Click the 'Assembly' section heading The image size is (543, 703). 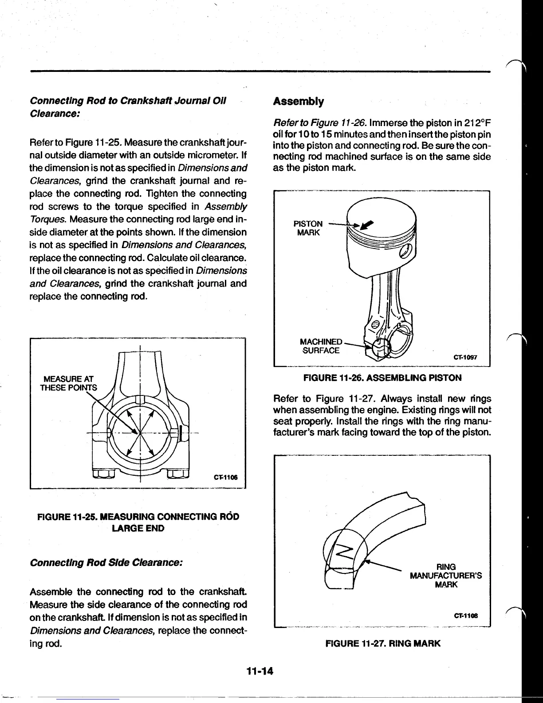[298, 102]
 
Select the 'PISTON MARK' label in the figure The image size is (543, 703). [308, 228]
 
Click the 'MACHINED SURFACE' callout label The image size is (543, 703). [321, 346]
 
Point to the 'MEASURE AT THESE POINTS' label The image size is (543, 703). [68, 383]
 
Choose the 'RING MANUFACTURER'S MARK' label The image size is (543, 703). [446, 576]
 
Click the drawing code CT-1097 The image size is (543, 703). [465, 358]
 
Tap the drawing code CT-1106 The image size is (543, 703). [225, 478]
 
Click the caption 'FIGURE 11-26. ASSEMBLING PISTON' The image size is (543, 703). [382, 378]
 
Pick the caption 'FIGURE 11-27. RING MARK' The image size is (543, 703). [383, 643]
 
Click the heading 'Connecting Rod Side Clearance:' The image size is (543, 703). [106, 563]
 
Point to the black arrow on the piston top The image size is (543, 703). [367, 225]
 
